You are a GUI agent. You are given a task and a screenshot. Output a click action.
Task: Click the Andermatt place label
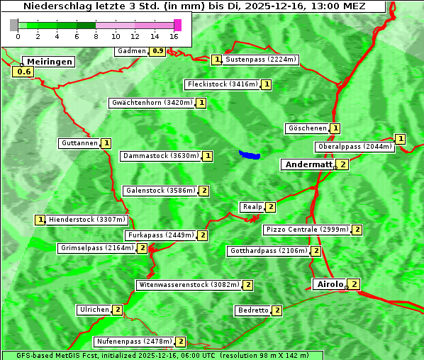308,164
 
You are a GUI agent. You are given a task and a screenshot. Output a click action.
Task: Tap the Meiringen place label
49,62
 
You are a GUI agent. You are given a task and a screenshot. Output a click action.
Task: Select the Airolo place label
330,284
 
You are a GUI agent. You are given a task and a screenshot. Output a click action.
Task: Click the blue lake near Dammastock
250,154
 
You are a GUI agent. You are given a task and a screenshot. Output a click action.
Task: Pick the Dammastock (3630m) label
161,155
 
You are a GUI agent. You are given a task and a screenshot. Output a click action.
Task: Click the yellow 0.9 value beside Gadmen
157,51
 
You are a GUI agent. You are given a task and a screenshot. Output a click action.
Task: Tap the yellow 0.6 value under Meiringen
24,72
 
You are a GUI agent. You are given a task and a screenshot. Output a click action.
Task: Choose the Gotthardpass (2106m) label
268,251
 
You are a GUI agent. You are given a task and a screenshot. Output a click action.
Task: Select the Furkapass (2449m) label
160,235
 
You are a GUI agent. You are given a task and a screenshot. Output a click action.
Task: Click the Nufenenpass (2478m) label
134,342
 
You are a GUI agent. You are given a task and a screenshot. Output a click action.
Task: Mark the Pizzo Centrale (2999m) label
306,230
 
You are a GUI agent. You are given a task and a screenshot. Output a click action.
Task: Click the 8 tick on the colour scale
96,35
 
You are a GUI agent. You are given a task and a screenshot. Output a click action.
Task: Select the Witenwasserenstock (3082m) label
188,285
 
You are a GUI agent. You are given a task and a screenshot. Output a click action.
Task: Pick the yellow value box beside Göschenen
335,128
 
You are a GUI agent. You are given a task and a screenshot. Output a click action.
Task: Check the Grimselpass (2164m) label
96,248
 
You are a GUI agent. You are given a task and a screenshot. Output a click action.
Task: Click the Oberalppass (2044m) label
355,147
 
